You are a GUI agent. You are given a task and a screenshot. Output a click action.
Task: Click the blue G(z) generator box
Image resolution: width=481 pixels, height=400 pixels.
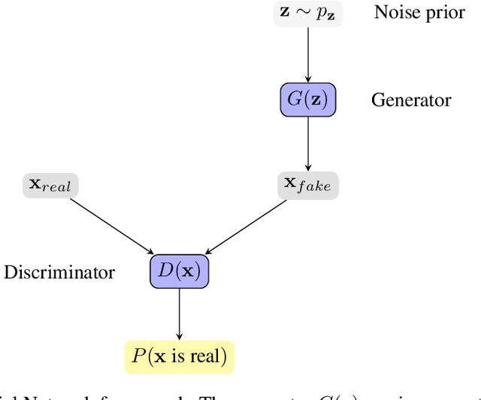pos(307,99)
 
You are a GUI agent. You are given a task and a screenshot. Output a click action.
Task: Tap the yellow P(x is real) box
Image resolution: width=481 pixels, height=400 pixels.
pos(179,355)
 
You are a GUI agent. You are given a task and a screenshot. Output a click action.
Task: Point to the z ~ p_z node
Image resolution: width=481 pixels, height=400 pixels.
pos(307,15)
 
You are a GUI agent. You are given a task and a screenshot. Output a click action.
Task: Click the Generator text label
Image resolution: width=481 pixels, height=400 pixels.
pos(411,100)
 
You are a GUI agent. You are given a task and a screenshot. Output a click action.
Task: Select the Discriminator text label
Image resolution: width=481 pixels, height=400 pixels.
pos(59,271)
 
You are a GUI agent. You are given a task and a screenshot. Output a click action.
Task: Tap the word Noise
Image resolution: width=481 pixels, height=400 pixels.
pos(396,14)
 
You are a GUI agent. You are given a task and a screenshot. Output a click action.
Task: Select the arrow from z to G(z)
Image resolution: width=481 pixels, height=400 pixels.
pos(307,53)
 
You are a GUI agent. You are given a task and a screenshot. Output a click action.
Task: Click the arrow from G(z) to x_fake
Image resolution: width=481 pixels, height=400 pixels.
pos(307,143)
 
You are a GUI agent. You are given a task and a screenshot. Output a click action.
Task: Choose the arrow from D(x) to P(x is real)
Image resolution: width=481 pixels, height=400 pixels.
pos(179,312)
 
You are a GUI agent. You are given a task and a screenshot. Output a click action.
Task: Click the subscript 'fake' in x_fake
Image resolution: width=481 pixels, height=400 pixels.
pos(314,187)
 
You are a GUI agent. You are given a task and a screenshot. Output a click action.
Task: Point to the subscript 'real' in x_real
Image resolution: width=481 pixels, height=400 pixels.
pos(57,187)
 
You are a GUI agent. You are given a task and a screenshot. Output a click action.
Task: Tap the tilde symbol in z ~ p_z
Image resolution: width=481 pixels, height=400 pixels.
pos(306,14)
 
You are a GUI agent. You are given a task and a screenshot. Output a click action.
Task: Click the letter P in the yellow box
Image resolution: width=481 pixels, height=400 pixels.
pos(138,355)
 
